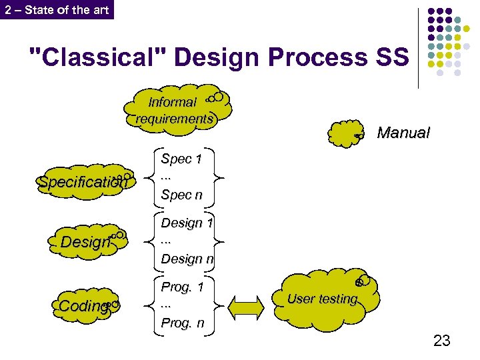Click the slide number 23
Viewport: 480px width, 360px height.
point(441,341)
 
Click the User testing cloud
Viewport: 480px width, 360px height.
point(326,299)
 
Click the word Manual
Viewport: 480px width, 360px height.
point(403,133)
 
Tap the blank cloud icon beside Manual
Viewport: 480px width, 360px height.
point(346,133)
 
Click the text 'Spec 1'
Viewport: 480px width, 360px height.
point(181,159)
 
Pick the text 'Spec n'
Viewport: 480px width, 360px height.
point(181,195)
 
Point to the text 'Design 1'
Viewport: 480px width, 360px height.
point(187,223)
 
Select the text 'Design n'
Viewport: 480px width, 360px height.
point(187,258)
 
